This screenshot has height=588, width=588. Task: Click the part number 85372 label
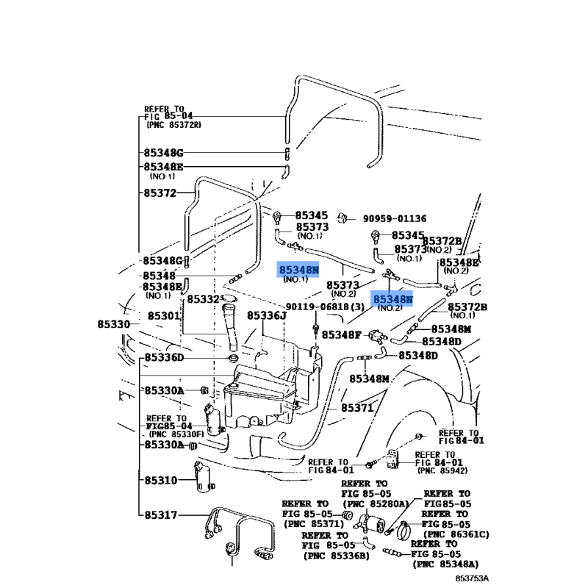[160, 193]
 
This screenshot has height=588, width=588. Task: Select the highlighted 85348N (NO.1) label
[298, 273]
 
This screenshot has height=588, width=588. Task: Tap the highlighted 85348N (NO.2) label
[392, 302]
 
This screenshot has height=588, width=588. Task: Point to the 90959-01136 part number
[395, 218]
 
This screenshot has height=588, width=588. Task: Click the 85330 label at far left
[114, 324]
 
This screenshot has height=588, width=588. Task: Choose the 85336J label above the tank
[266, 316]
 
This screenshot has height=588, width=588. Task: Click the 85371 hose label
[357, 408]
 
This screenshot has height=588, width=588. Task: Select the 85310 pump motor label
[161, 481]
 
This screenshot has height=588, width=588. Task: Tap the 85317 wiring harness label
[161, 515]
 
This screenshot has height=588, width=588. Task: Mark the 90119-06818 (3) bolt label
[325, 306]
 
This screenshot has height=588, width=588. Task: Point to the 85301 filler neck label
[164, 316]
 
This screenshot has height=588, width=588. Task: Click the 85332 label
[203, 299]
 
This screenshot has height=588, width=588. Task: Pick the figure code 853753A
[472, 578]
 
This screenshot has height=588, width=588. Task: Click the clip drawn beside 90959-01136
[342, 218]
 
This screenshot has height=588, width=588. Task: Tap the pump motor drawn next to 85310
[204, 477]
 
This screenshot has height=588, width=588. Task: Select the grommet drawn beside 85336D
[233, 358]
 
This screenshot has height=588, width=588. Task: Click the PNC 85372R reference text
[173, 125]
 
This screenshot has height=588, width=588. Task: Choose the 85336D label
[164, 358]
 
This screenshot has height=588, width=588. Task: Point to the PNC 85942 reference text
[442, 470]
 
